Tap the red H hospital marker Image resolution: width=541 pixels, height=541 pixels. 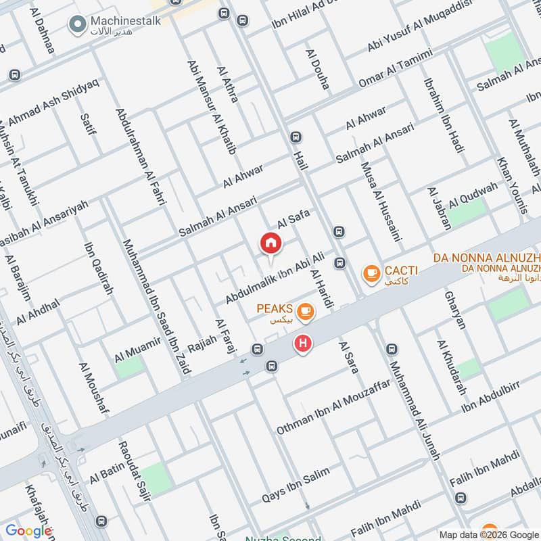click(x=303, y=344)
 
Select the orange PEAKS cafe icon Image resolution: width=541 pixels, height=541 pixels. click(x=306, y=310)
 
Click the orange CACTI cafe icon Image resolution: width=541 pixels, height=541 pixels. click(x=371, y=273)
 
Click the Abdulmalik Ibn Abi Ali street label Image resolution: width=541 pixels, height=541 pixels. click(x=277, y=277)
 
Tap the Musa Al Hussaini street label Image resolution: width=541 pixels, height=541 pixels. click(x=382, y=202)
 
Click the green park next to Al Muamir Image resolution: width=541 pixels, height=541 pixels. click(x=131, y=366)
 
